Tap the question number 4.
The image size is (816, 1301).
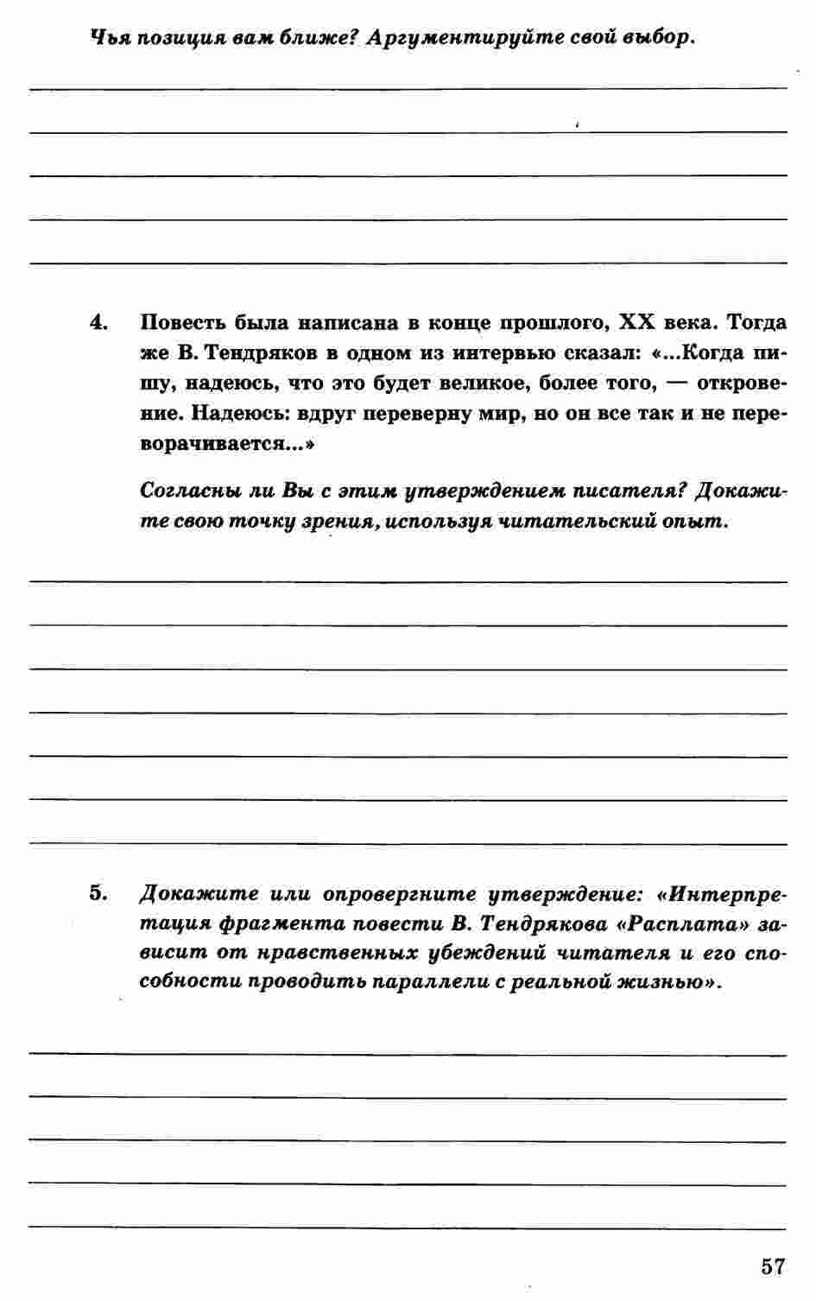pos(97,323)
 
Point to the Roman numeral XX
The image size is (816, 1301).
pos(640,323)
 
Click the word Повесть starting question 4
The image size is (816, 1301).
pos(181,323)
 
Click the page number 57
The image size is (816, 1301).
pos(773,1266)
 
